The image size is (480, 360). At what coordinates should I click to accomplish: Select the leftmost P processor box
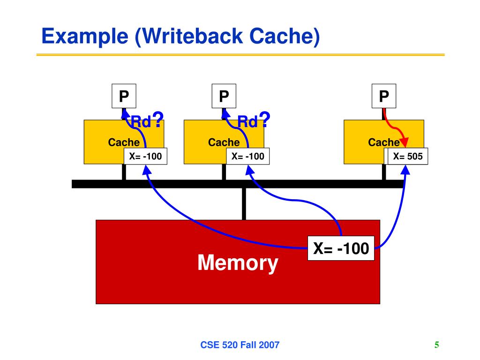point(124,96)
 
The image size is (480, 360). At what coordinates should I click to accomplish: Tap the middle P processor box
point(224,96)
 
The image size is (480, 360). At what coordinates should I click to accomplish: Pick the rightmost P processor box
point(384,96)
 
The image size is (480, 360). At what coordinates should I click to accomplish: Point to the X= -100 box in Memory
point(341,248)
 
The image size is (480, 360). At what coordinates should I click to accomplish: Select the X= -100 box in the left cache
point(145,157)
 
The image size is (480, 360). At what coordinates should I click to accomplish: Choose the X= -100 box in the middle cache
point(248,157)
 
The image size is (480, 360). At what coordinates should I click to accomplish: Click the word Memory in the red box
point(238,263)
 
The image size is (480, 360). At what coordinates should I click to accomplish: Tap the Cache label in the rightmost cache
point(383,142)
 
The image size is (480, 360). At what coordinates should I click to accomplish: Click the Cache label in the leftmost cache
point(124,142)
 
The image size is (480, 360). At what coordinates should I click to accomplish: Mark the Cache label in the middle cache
point(224,142)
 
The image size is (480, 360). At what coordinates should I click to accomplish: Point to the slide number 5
point(436,345)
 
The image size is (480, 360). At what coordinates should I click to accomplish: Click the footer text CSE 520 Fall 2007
point(240,345)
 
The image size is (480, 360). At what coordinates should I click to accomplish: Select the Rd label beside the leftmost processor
point(141,123)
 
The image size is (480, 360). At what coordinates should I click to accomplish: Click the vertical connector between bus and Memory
point(244,204)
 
